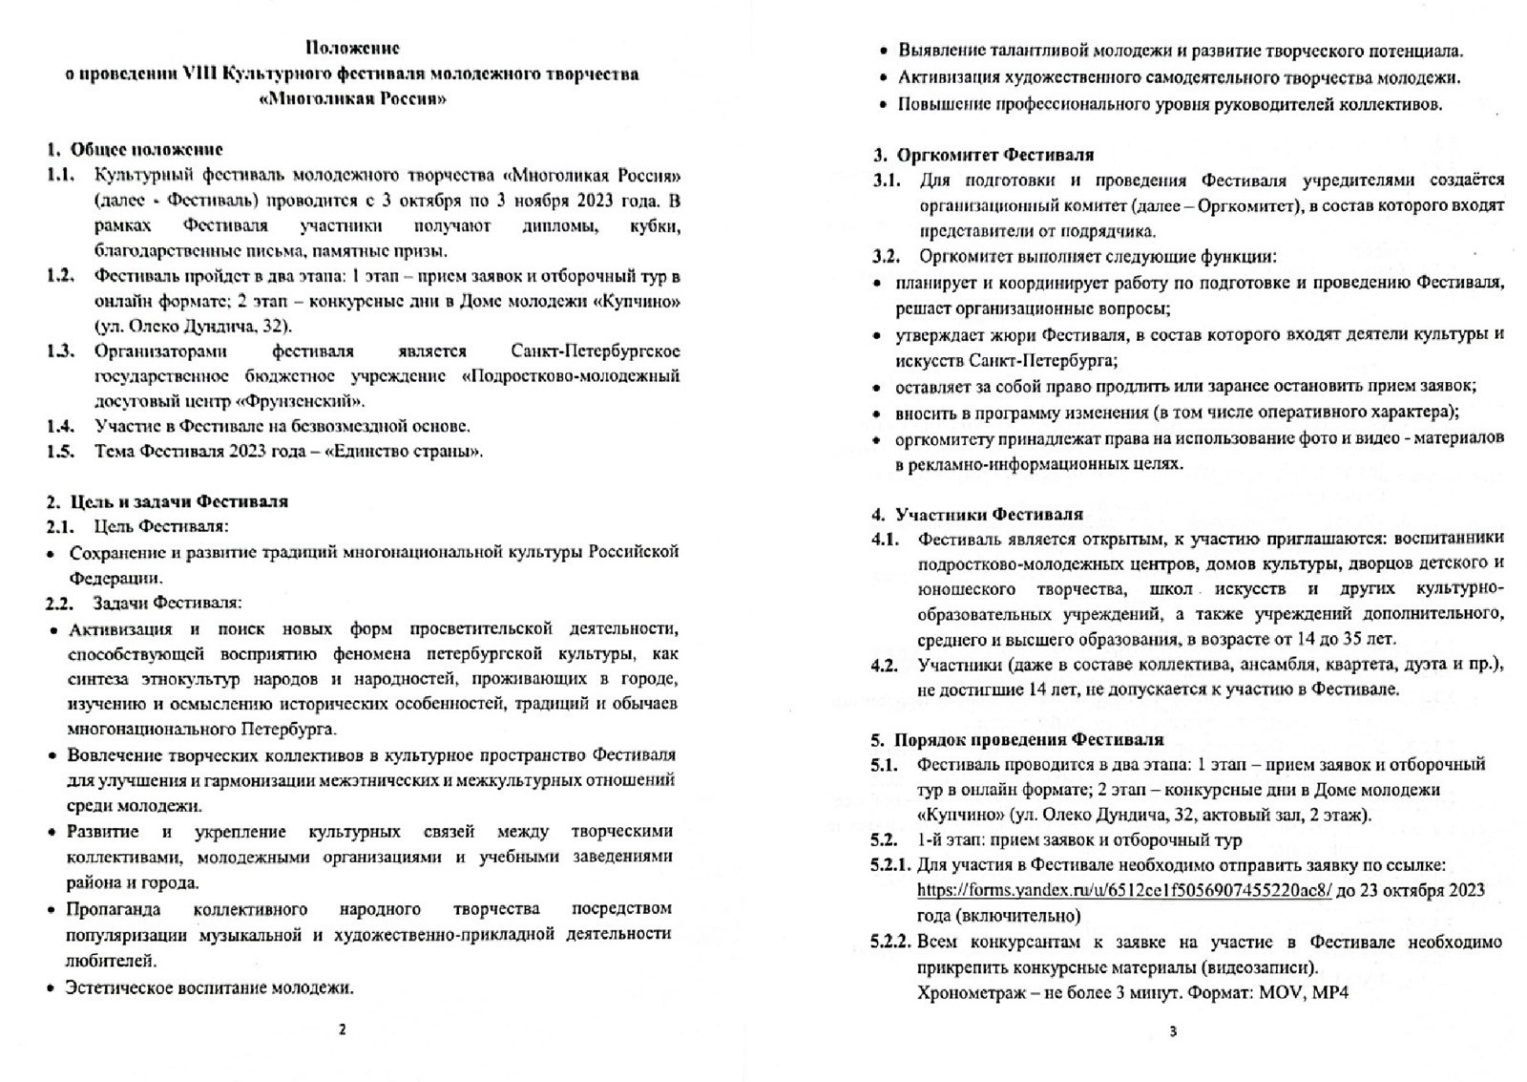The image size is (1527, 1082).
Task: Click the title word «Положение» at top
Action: [352, 47]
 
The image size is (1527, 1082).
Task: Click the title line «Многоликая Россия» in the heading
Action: [352, 99]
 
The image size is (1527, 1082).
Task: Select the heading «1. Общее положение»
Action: [135, 149]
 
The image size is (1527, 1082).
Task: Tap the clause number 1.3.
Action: [61, 350]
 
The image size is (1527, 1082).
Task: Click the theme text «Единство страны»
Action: [403, 451]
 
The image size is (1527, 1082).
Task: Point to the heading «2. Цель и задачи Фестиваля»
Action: [167, 501]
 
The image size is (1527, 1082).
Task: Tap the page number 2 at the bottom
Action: [343, 1029]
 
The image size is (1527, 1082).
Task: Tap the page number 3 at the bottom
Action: [1173, 1030]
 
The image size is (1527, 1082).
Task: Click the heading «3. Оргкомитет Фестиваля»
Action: [984, 155]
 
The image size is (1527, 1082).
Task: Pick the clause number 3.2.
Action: [887, 256]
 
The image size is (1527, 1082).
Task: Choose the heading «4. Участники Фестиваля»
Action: [978, 515]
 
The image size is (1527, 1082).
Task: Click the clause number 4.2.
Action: [885, 665]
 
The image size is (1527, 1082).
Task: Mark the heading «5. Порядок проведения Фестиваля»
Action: [1018, 739]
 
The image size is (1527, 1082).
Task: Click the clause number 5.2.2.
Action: [890, 942]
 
